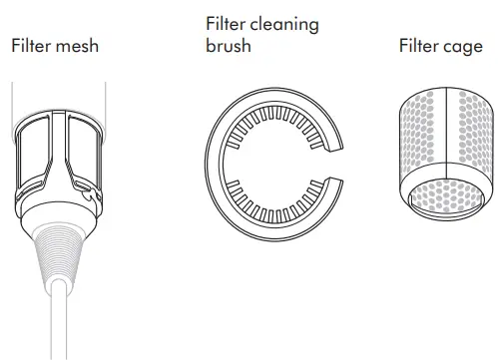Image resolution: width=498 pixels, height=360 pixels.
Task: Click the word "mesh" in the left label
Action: (78, 47)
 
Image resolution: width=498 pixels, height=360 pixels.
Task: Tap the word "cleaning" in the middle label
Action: (282, 25)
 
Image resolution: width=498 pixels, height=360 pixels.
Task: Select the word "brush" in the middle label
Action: (228, 47)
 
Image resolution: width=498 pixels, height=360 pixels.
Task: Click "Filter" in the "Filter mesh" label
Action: (32, 47)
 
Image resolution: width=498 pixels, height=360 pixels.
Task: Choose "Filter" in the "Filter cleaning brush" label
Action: (228, 25)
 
